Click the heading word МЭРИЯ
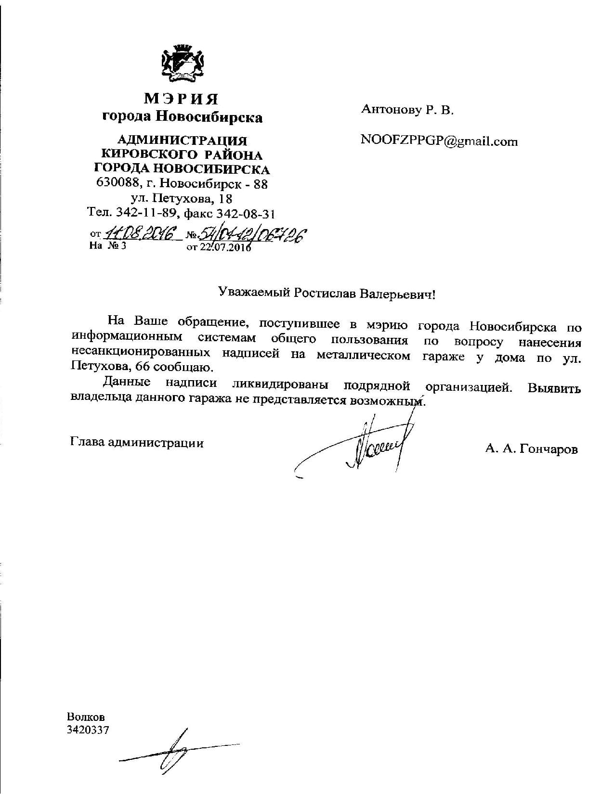pos(182,99)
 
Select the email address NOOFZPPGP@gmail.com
pos(439,141)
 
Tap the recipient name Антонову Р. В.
pos(407,110)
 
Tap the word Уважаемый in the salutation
pos(253,293)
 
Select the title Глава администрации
pos(137,442)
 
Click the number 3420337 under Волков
pos(88,730)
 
